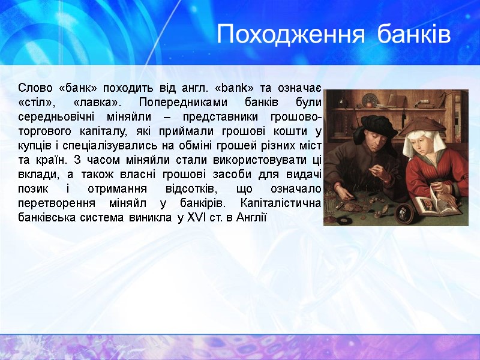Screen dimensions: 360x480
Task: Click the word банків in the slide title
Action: (x=415, y=35)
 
